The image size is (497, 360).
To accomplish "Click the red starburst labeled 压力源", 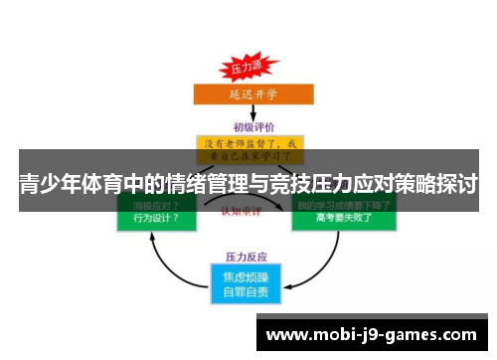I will [246, 68].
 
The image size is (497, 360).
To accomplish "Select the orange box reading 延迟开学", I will [248, 94].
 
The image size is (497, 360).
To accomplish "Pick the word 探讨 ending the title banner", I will [457, 184].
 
